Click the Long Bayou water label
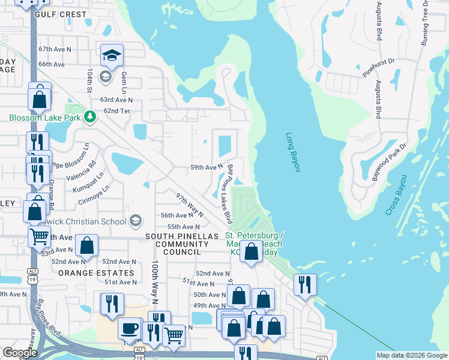click(x=292, y=152)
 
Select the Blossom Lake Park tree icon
click(x=90, y=116)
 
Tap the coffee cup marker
click(x=129, y=328)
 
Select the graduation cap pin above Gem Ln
click(x=112, y=55)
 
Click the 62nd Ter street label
click(x=116, y=111)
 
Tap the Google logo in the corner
click(x=19, y=353)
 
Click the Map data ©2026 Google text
click(x=412, y=355)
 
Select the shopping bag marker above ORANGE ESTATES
click(x=87, y=245)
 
